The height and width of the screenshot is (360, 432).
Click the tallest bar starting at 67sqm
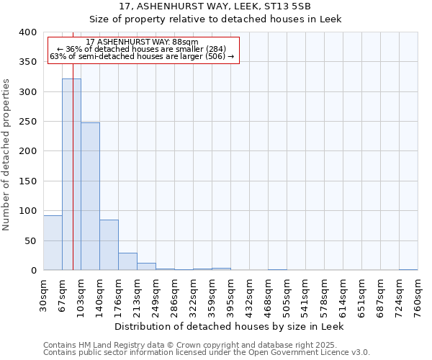click(x=71, y=174)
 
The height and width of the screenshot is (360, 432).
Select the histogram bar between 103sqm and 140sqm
click(x=90, y=197)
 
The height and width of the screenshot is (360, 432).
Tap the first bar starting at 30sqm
click(x=53, y=243)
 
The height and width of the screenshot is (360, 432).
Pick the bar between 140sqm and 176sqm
click(x=109, y=245)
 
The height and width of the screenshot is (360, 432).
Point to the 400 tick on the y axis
click(x=28, y=32)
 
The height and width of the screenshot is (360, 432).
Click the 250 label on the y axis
click(x=28, y=122)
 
